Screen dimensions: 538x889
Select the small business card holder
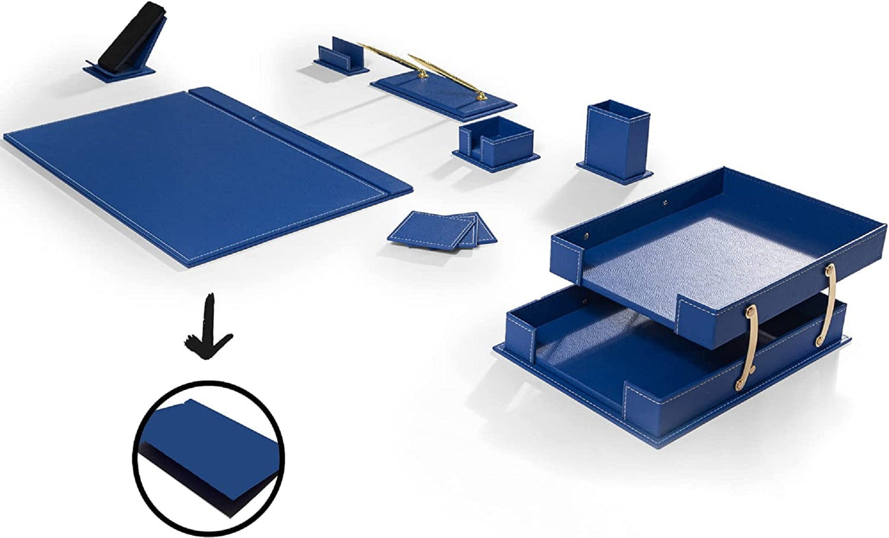[x=343, y=57]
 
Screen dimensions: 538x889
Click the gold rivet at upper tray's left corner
[x=586, y=237]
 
